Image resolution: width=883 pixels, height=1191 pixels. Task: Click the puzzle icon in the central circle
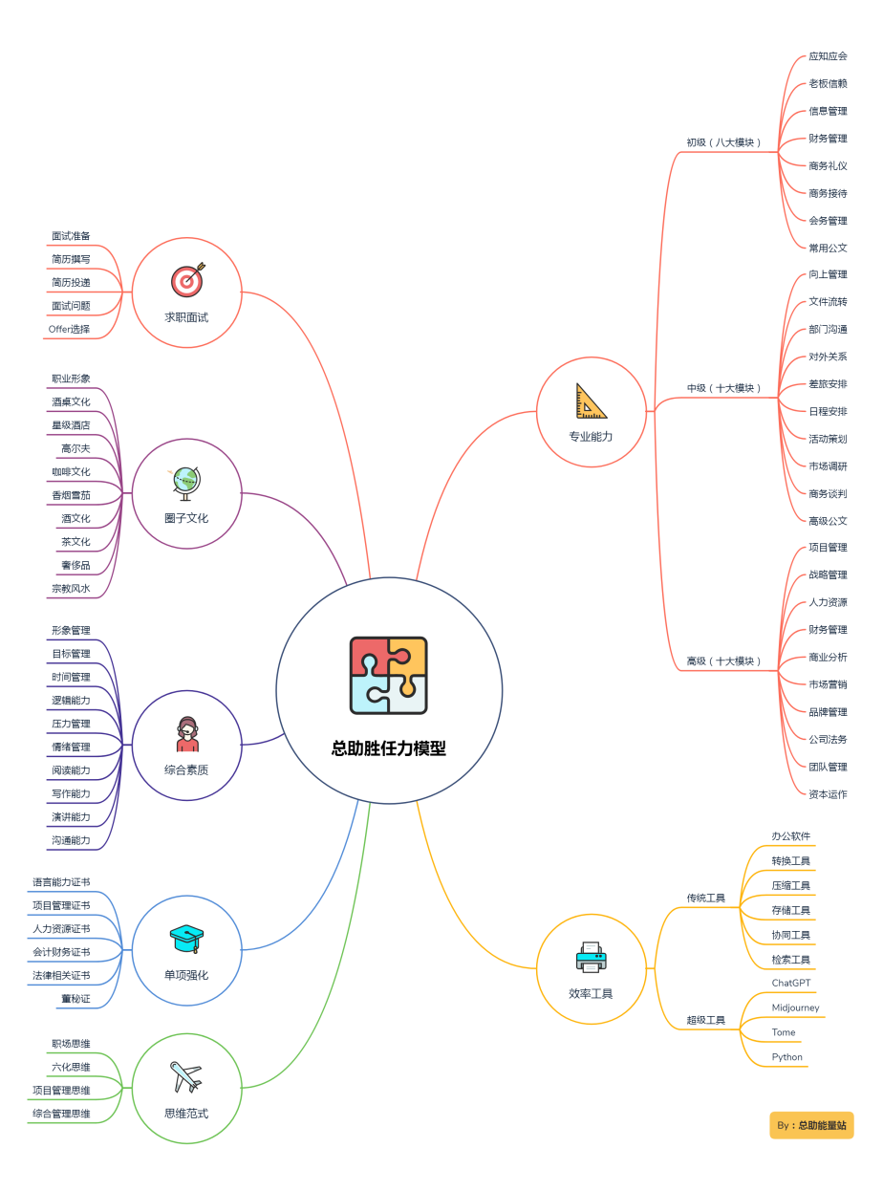(x=388, y=675)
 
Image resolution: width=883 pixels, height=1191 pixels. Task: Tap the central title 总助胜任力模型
(x=388, y=747)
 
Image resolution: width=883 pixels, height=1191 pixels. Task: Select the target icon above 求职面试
(x=187, y=279)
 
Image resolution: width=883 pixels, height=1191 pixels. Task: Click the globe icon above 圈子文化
(x=185, y=483)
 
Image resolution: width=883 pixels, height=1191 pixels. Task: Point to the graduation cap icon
(x=186, y=938)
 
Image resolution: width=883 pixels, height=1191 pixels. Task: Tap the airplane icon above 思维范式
(x=185, y=1076)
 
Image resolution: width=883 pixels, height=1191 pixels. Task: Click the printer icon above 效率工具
(x=591, y=957)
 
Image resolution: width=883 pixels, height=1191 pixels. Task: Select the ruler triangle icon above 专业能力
(x=591, y=401)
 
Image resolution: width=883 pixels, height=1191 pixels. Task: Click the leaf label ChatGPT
(x=790, y=983)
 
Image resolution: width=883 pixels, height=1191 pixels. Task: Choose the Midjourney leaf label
(x=795, y=1007)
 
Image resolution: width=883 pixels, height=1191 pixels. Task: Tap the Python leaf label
(x=786, y=1057)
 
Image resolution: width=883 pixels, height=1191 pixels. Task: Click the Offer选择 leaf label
(x=69, y=329)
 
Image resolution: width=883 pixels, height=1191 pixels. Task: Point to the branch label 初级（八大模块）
(x=723, y=142)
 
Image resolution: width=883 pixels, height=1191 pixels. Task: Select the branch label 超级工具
(x=705, y=1020)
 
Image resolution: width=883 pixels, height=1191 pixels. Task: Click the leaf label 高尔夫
(x=75, y=448)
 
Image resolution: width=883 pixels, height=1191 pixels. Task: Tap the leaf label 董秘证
(x=75, y=998)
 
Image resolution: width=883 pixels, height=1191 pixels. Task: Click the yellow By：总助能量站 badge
(x=811, y=1125)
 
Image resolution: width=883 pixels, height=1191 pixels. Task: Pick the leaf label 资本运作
(x=828, y=793)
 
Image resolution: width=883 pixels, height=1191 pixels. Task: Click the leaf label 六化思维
(x=71, y=1067)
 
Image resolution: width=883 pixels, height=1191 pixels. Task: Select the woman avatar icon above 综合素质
(x=186, y=733)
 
